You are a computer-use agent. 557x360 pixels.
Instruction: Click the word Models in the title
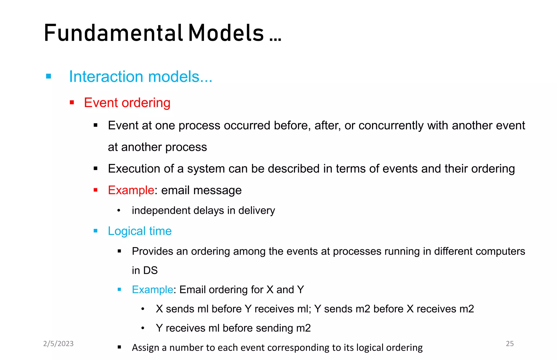[226, 33]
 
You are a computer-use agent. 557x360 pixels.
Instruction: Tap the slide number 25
[509, 343]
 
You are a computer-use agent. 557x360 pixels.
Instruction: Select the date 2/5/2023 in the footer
[58, 343]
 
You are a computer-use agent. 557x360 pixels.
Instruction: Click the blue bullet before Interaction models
[49, 76]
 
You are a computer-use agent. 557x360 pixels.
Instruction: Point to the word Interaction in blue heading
[106, 76]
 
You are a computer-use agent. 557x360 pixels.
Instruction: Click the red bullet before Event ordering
[72, 103]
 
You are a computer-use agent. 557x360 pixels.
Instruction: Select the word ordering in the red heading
[146, 103]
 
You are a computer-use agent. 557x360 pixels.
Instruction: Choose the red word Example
[131, 190]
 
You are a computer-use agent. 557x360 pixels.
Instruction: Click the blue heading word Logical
[127, 231]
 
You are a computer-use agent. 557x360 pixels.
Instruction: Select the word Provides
[152, 251]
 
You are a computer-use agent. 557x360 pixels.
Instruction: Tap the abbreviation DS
[150, 271]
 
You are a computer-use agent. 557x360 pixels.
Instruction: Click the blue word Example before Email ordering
[152, 290]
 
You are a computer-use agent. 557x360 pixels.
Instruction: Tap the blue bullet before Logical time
[95, 231]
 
